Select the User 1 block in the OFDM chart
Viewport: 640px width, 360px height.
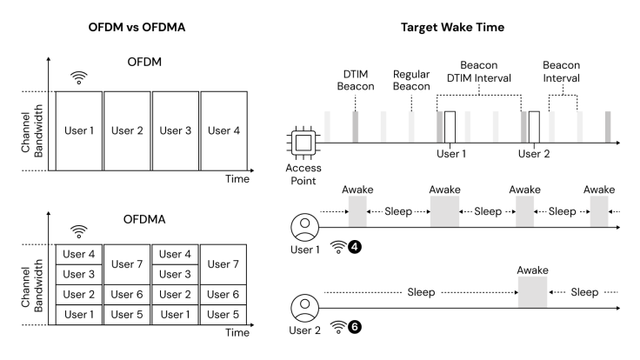point(79,130)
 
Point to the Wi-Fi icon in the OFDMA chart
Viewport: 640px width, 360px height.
point(79,231)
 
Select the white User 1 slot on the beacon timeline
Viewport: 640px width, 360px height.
point(449,125)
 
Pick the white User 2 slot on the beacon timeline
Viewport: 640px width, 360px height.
point(533,125)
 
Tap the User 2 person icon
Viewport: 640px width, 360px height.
point(304,308)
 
